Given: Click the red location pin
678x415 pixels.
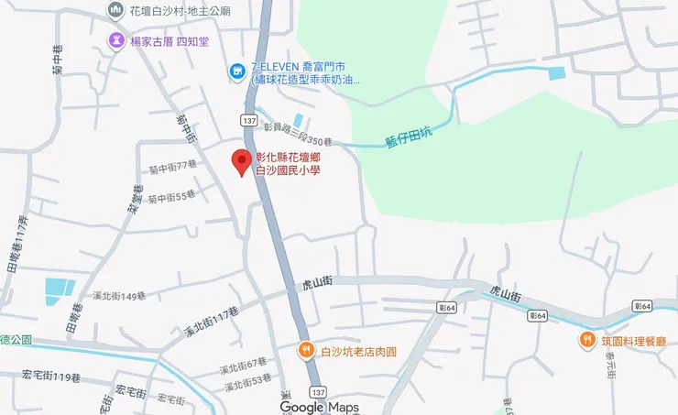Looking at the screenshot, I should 242,161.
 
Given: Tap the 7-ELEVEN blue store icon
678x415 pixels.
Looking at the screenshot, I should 237,69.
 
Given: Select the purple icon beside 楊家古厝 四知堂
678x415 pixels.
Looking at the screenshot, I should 116,41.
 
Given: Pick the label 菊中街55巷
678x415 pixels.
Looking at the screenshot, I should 173,196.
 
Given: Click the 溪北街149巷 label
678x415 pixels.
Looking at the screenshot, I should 119,296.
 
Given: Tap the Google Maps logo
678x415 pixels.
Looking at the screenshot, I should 320,407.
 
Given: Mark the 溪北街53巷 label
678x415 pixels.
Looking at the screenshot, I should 248,378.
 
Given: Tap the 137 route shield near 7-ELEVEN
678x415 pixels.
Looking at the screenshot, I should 249,120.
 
